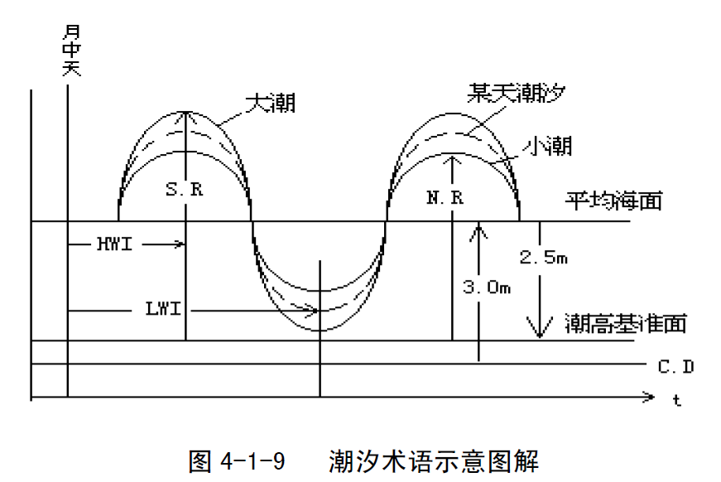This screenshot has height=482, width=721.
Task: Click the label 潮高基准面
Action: coord(626,322)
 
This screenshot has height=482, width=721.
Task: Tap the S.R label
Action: coord(184,189)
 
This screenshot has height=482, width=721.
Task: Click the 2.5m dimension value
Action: coord(543,258)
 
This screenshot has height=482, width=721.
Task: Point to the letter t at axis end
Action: coord(676,401)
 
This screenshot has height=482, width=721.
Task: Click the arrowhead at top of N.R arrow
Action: coord(452,159)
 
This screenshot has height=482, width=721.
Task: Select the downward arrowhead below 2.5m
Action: coord(540,331)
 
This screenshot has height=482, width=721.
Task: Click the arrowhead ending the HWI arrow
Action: coord(179,244)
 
